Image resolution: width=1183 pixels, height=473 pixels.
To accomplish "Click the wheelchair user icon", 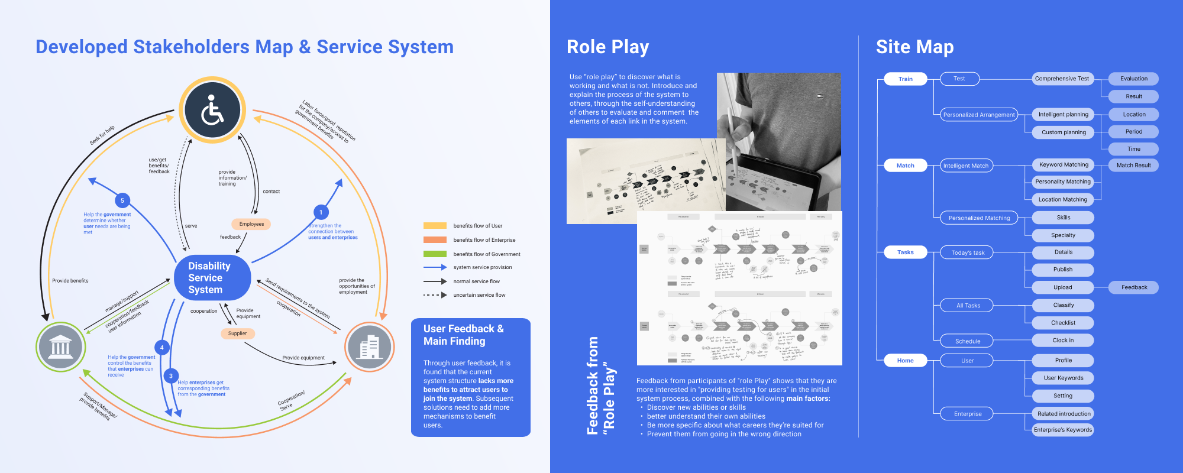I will click(x=212, y=111).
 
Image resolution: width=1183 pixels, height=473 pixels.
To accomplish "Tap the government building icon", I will click(x=61, y=347).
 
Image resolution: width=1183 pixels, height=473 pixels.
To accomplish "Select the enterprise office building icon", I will click(x=370, y=347).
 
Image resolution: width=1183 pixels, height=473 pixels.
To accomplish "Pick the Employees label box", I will click(x=251, y=224).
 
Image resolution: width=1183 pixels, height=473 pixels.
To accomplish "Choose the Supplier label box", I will click(x=237, y=333).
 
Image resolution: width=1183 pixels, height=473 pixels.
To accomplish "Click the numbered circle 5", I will click(x=122, y=200).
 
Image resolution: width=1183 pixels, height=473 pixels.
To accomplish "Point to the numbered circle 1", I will click(x=321, y=212).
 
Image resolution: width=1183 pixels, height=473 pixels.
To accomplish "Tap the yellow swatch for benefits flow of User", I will click(x=435, y=226).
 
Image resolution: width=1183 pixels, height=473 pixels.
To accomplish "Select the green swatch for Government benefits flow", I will click(x=435, y=254).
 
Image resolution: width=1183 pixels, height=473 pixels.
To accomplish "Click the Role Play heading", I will click(x=607, y=47).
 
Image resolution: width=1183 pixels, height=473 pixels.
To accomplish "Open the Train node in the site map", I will click(x=905, y=79).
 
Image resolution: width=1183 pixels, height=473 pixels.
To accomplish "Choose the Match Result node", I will click(x=1133, y=166).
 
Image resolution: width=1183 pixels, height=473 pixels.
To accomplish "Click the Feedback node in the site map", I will click(x=1134, y=287).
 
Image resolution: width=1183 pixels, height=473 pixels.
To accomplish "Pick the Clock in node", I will click(x=1063, y=340).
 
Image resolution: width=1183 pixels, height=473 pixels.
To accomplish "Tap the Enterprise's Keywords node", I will click(x=1063, y=430).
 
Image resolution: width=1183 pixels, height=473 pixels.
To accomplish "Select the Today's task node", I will click(x=967, y=252).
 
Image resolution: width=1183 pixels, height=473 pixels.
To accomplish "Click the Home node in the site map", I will click(x=905, y=361).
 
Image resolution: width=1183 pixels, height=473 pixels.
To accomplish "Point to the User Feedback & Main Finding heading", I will click(x=464, y=335).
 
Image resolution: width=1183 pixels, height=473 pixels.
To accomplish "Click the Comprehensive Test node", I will click(x=1062, y=79).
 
